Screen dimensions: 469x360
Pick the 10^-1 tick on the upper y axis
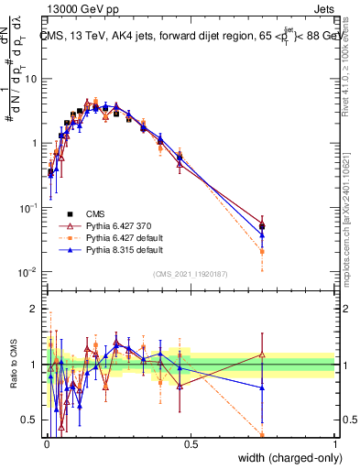pyautogui.click(x=29, y=208)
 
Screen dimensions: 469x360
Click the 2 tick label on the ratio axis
pyautogui.click(x=36, y=309)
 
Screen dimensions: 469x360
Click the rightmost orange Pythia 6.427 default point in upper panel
pyautogui.click(x=262, y=251)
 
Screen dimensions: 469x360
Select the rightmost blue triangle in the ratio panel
pyautogui.click(x=262, y=387)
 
